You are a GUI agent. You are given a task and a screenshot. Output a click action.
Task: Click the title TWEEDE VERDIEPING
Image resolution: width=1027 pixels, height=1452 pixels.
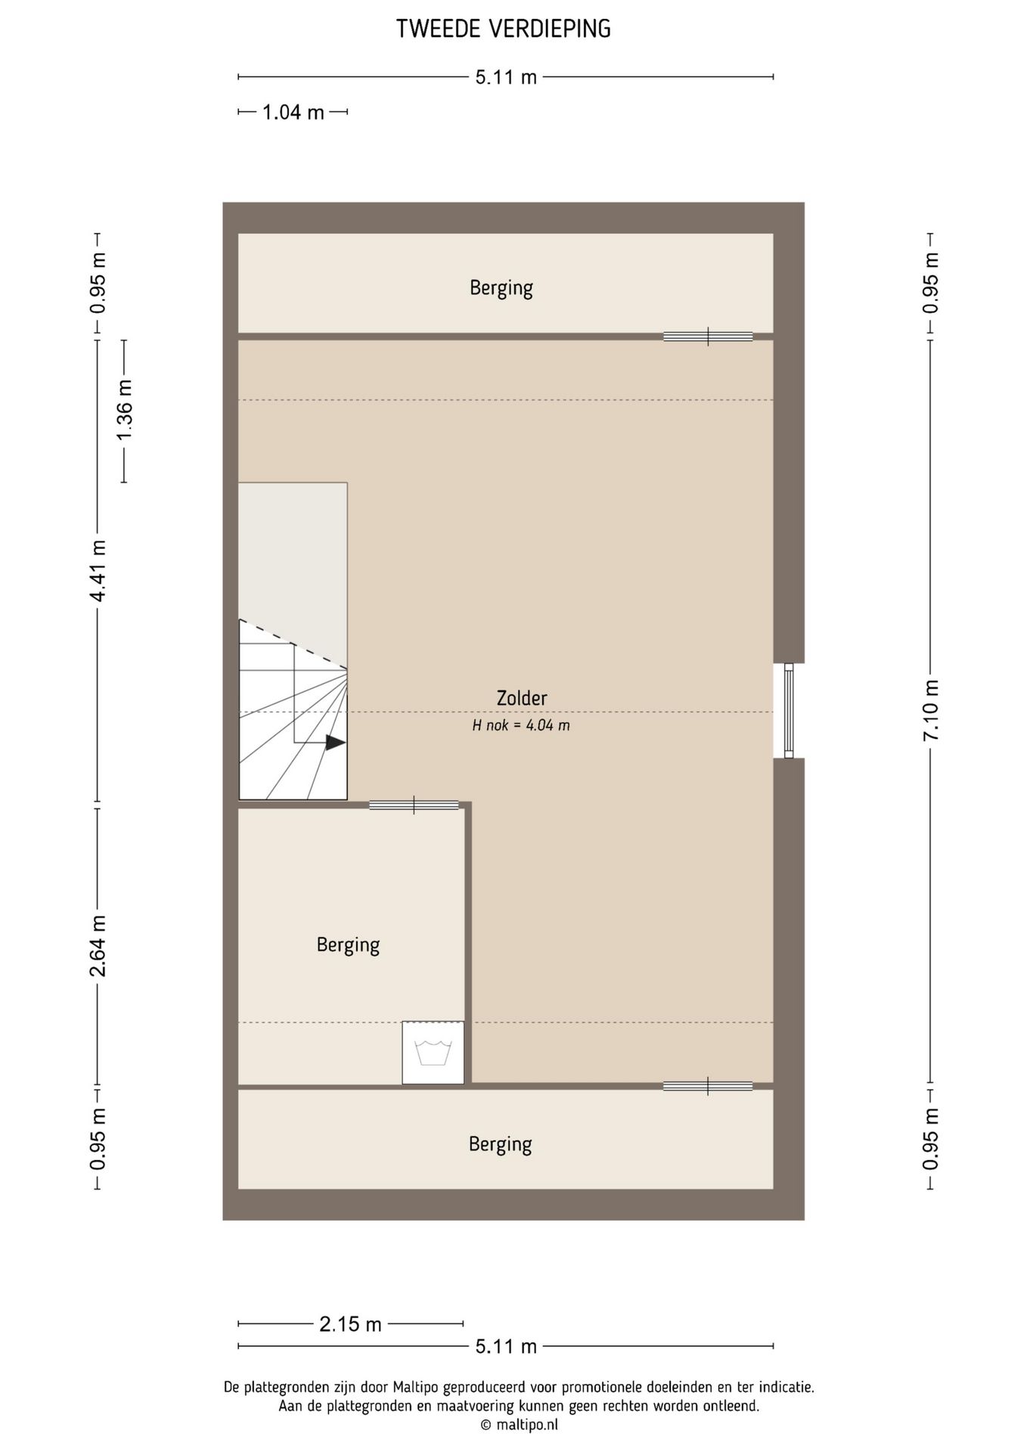click(x=504, y=29)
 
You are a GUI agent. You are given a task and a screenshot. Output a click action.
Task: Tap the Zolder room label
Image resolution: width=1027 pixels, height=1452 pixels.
click(x=522, y=698)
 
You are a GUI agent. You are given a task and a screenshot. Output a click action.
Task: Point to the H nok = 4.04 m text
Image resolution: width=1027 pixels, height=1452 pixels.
click(x=521, y=725)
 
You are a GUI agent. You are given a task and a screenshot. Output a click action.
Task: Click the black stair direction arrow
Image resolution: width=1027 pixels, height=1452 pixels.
click(x=336, y=743)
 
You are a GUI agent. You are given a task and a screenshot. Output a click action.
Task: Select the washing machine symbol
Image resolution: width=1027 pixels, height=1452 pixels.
click(x=433, y=1053)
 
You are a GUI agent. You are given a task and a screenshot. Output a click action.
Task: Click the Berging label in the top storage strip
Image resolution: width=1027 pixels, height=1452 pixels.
click(x=501, y=288)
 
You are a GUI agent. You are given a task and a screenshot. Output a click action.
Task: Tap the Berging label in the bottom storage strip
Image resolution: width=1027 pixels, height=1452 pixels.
click(x=501, y=1144)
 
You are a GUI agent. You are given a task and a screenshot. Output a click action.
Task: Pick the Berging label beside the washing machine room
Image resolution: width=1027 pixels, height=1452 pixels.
click(x=348, y=945)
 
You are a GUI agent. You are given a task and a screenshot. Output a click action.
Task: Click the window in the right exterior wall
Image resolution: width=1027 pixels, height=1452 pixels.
click(x=789, y=711)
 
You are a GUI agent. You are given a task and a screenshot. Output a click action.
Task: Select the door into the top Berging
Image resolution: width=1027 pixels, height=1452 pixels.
click(x=708, y=337)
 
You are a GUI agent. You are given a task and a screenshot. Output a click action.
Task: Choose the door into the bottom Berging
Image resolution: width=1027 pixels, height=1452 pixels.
click(x=708, y=1086)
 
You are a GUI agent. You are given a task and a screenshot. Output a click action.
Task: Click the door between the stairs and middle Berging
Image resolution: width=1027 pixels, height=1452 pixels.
click(x=414, y=805)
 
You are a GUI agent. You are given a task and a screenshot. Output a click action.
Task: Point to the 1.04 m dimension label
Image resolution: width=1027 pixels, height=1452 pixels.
click(x=293, y=113)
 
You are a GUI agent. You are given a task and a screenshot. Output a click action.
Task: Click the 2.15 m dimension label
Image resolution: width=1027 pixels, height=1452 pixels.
click(x=350, y=1324)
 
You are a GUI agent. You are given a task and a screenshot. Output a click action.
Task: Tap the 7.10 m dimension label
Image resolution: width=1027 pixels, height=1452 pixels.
click(x=931, y=710)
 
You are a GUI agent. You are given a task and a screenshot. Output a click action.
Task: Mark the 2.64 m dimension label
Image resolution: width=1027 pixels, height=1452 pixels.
click(x=98, y=945)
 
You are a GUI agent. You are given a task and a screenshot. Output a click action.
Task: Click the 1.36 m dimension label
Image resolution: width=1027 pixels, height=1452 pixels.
click(x=124, y=410)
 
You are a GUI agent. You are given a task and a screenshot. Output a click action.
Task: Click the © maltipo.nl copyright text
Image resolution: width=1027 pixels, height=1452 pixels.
click(x=519, y=1425)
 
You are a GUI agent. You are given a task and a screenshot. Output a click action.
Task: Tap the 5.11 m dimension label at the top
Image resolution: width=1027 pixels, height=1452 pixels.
click(x=506, y=77)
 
